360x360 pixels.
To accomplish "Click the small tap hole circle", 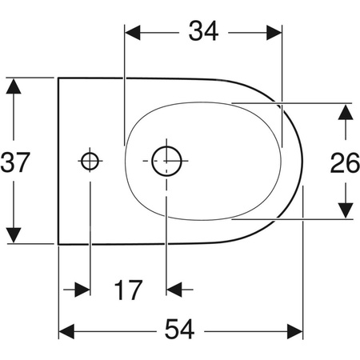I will tap(90, 161).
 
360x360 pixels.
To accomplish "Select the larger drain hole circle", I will tap(166, 160).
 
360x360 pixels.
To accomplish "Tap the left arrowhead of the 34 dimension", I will tap(133, 32).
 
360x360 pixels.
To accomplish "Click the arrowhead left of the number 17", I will tap(81, 288).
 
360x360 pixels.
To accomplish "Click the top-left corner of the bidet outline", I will tap(59, 78).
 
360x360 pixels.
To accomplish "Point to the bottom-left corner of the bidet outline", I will tap(59, 244).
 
